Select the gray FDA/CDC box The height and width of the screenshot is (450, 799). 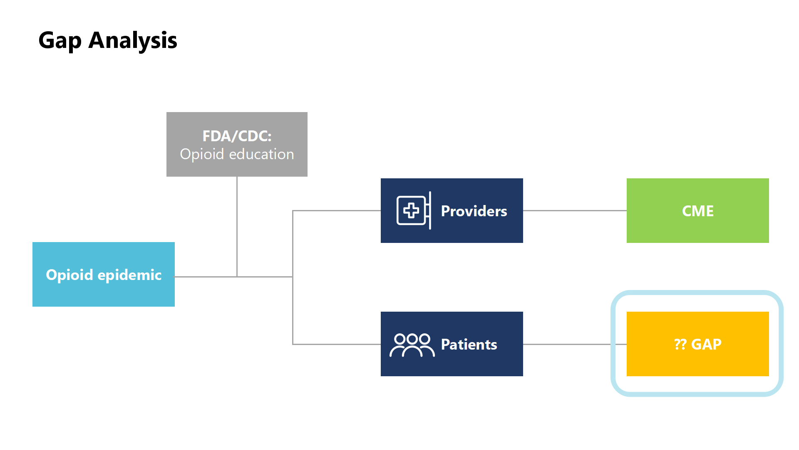[x=237, y=144]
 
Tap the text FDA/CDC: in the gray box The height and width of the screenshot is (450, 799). [x=237, y=136]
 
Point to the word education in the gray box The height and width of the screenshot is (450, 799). [x=261, y=154]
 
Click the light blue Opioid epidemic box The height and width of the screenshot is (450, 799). [x=104, y=274]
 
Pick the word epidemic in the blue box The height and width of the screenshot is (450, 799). [x=129, y=275]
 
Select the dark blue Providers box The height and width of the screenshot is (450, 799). [x=452, y=210]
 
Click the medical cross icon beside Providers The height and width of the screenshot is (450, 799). [x=414, y=210]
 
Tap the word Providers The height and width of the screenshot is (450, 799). [x=474, y=211]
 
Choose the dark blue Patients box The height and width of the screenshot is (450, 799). [x=452, y=344]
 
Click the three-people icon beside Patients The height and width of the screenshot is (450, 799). [x=412, y=345]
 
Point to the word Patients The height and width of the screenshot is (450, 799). [x=469, y=344]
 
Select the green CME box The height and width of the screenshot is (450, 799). [x=698, y=210]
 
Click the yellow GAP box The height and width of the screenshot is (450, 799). [x=698, y=344]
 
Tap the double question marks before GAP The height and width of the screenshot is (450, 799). [x=680, y=344]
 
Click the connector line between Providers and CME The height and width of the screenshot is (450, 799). [x=575, y=210]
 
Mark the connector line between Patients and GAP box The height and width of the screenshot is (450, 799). [x=575, y=344]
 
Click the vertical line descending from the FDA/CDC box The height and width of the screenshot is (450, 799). [x=237, y=227]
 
